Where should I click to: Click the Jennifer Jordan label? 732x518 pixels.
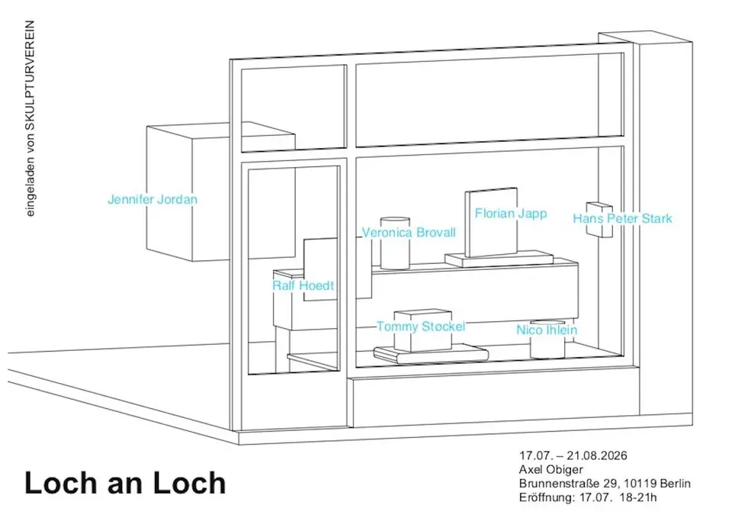(152, 199)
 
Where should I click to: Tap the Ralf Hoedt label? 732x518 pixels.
(303, 285)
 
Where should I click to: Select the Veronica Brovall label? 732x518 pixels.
(409, 233)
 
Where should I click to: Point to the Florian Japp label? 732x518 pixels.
(511, 214)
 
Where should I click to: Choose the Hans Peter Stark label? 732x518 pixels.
(623, 219)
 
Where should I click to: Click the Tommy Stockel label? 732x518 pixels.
(421, 327)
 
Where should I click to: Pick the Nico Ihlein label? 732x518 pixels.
(547, 330)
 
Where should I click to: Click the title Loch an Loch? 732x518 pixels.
(125, 482)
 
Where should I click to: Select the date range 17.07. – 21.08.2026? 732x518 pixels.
(573, 455)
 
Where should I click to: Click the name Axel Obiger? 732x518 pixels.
(551, 469)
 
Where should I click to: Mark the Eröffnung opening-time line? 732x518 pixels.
(588, 497)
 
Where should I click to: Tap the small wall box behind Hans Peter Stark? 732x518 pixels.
(599, 220)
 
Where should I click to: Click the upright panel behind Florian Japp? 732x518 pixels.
(491, 222)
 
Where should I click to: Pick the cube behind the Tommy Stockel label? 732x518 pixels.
(423, 330)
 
